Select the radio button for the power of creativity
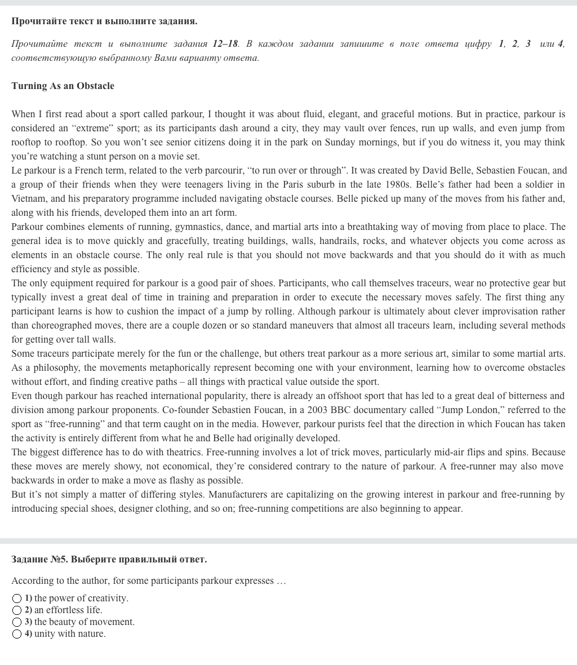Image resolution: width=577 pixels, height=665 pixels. (x=17, y=598)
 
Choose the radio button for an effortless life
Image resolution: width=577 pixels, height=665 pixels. (x=17, y=610)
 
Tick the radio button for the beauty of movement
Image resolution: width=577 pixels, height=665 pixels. (x=17, y=622)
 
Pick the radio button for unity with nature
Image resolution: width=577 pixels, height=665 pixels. (x=17, y=633)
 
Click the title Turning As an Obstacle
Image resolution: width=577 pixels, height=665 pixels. (x=63, y=86)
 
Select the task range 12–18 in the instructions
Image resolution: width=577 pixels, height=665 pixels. (x=225, y=43)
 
